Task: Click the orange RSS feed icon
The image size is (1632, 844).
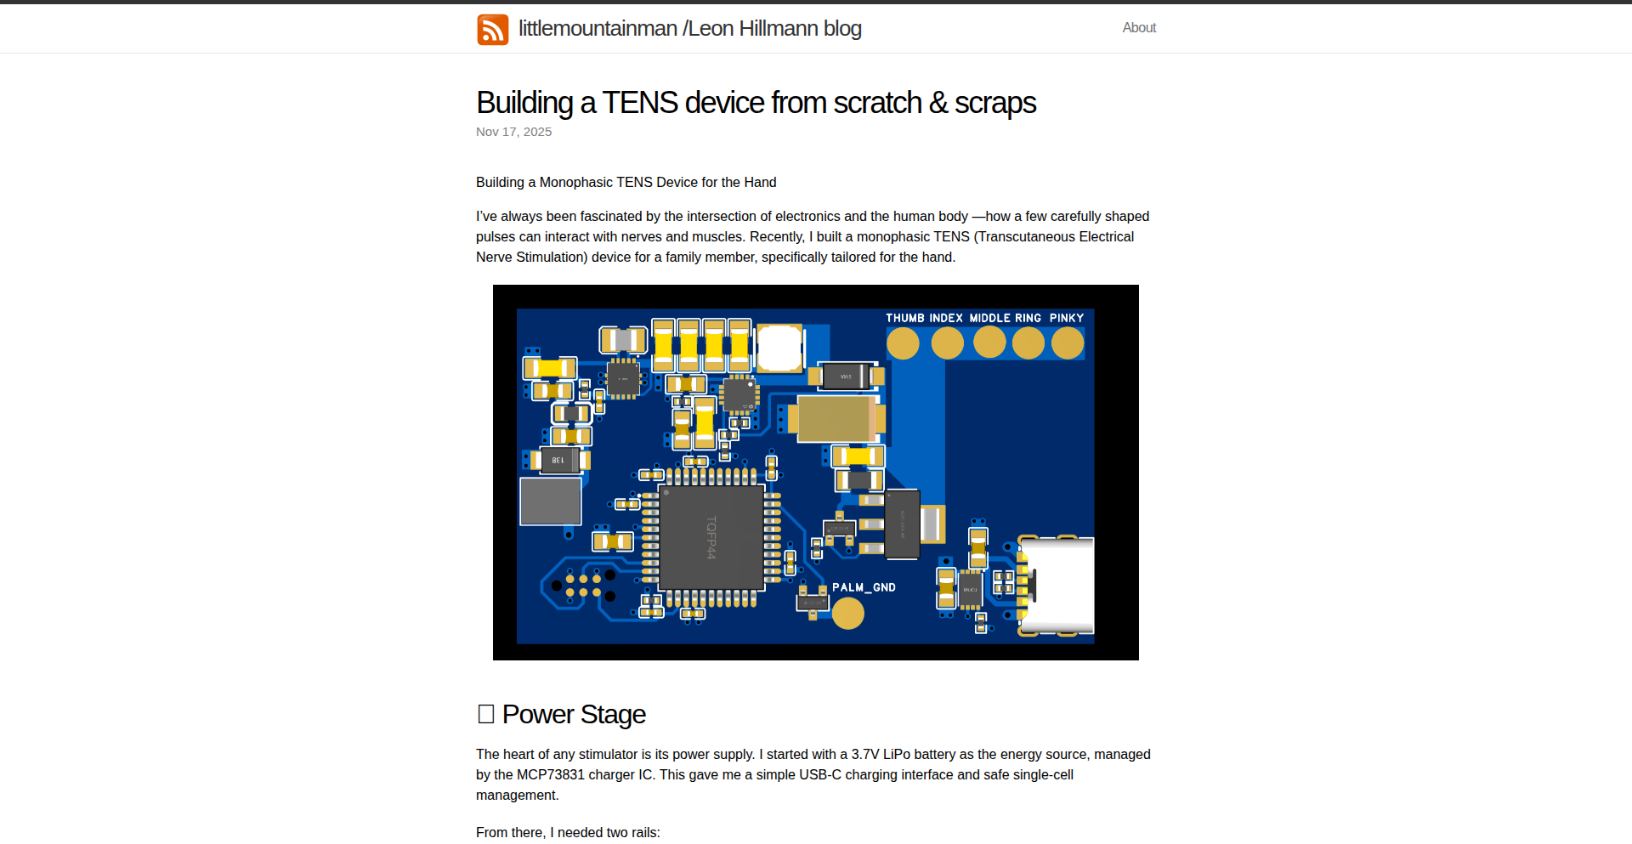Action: [492, 29]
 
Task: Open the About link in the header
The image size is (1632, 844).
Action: [1139, 28]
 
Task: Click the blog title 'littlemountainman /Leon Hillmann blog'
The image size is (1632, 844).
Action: [689, 29]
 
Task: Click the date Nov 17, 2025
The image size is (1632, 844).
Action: [513, 132]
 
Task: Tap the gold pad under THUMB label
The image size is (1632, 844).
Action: [903, 343]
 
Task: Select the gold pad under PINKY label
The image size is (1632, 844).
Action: [1068, 343]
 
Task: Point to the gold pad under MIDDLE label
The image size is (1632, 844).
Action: [989, 343]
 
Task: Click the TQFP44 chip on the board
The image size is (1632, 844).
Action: [711, 537]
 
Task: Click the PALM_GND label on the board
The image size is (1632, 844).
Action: [864, 587]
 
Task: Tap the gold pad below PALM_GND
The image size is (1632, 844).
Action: [848, 613]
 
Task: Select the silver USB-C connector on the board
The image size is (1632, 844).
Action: [1059, 586]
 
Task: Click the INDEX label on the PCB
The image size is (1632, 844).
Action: [946, 318]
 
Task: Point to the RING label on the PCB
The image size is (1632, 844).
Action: [1028, 318]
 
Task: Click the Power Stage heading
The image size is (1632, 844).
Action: [574, 715]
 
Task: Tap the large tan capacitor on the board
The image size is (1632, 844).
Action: [836, 418]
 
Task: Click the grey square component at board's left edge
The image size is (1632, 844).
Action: [551, 501]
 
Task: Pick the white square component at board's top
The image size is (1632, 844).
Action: [779, 348]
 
